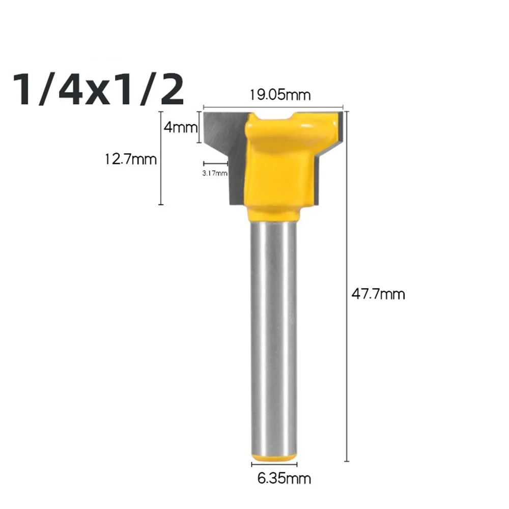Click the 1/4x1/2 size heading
[x=98, y=89]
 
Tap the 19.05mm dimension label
[x=280, y=95]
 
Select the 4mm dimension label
[x=181, y=127]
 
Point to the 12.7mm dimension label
[x=130, y=159]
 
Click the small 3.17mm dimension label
[x=215, y=174]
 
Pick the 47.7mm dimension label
[x=378, y=294]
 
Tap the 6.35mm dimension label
[x=284, y=478]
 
